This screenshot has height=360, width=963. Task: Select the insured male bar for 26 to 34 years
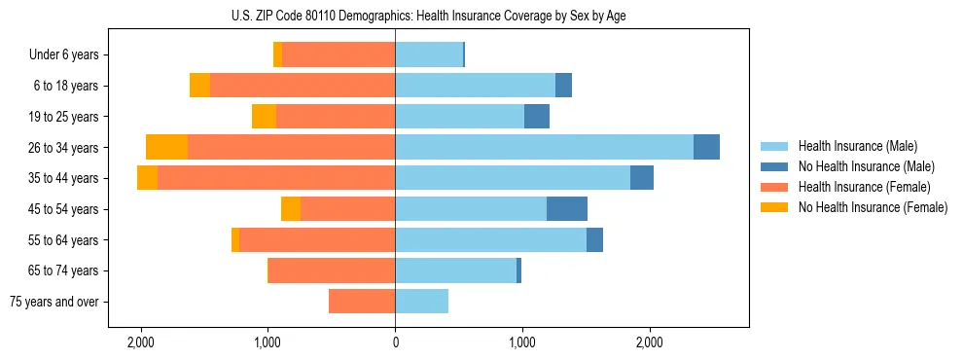[x=544, y=147]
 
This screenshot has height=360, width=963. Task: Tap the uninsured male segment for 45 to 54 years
[x=567, y=208]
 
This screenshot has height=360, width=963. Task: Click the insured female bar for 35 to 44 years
[x=276, y=178]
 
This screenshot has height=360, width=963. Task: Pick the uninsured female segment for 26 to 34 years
[x=166, y=147]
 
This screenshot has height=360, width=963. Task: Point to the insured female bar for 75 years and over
[x=362, y=302]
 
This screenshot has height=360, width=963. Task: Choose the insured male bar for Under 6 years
[x=429, y=54]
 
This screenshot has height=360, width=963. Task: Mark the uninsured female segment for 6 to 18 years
[x=199, y=86]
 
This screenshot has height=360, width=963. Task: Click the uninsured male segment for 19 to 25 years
[x=537, y=117]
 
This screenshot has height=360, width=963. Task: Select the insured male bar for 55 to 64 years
[x=490, y=239]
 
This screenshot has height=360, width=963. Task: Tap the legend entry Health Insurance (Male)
[x=857, y=146]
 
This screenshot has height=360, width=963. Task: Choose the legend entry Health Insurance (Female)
[x=864, y=187]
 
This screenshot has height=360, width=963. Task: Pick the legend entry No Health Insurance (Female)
[x=873, y=207]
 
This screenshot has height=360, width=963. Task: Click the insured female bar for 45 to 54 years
[x=347, y=208]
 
